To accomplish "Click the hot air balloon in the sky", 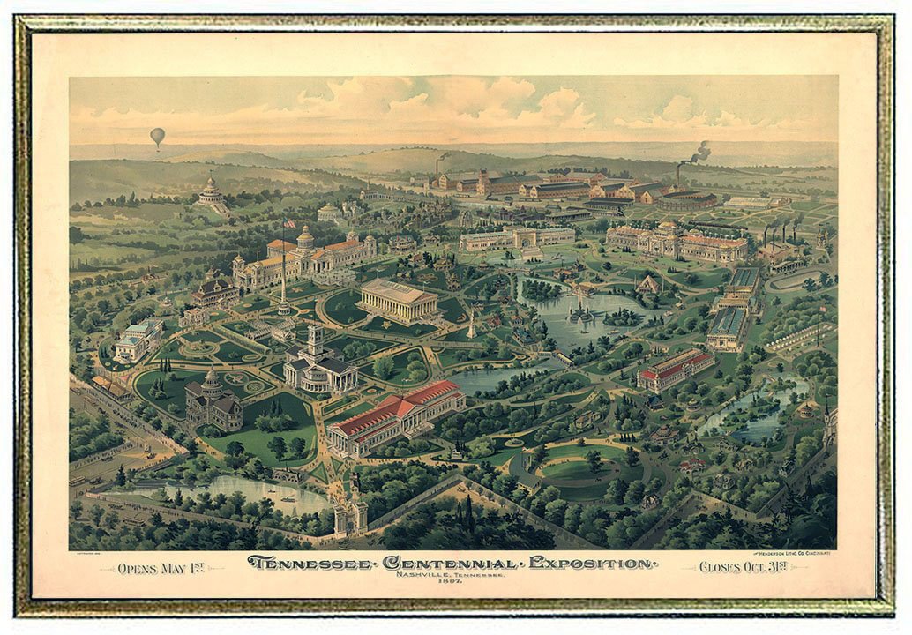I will click(157, 136).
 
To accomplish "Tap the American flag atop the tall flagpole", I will click(289, 223).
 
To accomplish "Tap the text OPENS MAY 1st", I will click(161, 567).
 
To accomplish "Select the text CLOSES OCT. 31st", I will click(744, 566).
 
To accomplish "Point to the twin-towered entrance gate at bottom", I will click(350, 516).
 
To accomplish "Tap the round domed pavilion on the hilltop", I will click(212, 194).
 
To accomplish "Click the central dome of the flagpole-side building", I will click(305, 236).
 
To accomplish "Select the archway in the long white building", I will click(517, 238).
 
